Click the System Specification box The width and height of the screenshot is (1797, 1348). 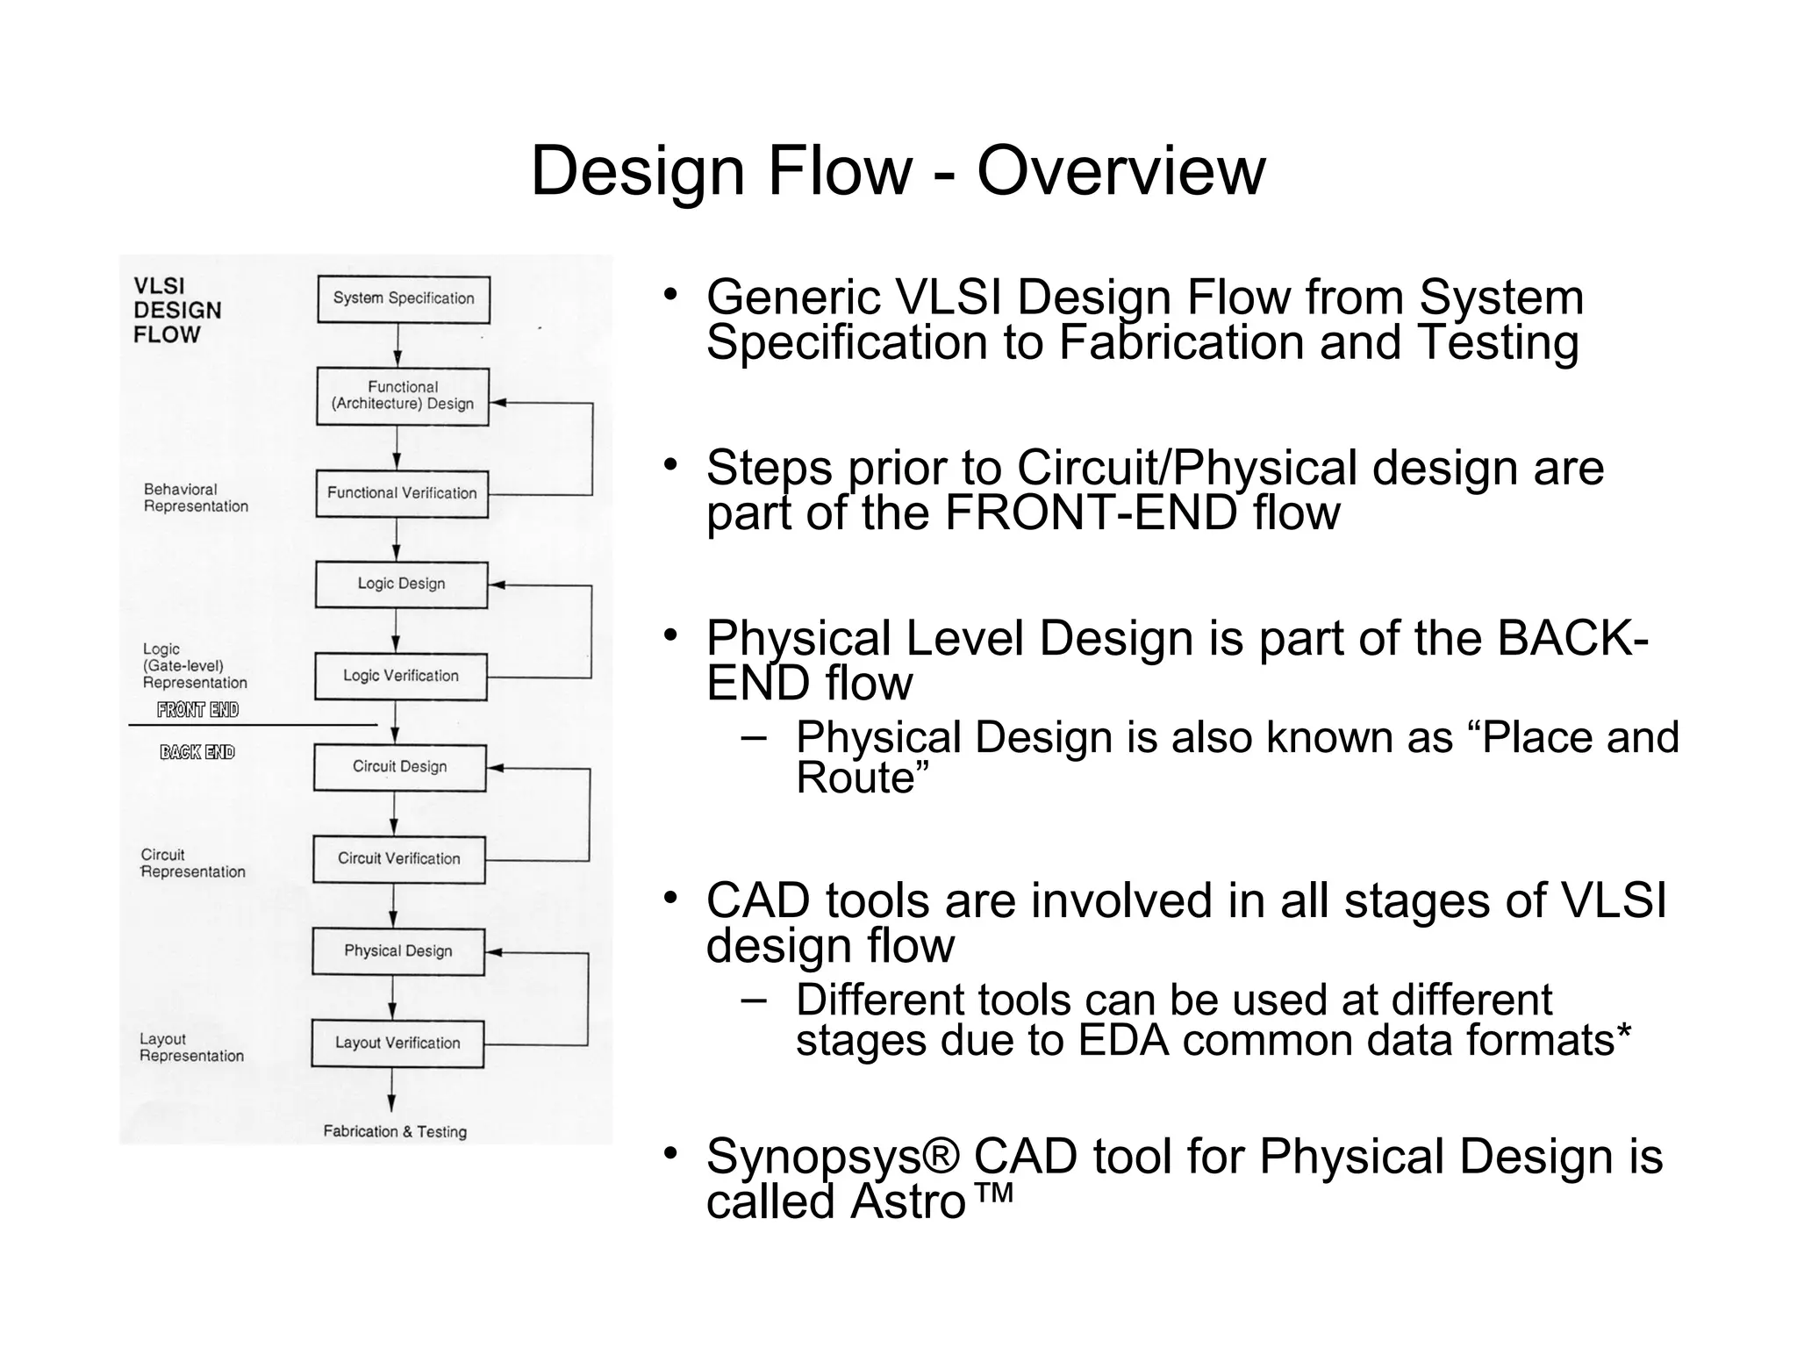coord(403,299)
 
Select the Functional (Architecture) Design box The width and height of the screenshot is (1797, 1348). coord(402,397)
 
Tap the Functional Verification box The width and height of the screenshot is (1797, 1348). coord(402,493)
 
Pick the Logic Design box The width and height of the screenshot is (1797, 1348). coord(401,584)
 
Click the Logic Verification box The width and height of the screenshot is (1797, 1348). coord(400,676)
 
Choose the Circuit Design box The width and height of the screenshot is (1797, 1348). coord(399,767)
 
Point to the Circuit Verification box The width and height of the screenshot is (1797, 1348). coord(398,859)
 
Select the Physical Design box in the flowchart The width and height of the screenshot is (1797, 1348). coord(397,951)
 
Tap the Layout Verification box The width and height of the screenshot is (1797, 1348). coord(397,1043)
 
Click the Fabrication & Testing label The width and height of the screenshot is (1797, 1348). coord(395,1132)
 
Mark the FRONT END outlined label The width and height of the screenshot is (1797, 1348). coord(197,710)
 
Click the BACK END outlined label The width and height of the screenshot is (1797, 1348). coord(197,752)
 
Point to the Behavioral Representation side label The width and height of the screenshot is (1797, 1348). coord(196,498)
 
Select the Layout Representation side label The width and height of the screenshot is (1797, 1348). coord(191,1048)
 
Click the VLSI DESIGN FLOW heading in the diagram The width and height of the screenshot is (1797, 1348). coord(177,311)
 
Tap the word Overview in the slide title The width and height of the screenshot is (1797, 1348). coord(1120,170)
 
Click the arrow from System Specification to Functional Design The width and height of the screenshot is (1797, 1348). coord(398,345)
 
